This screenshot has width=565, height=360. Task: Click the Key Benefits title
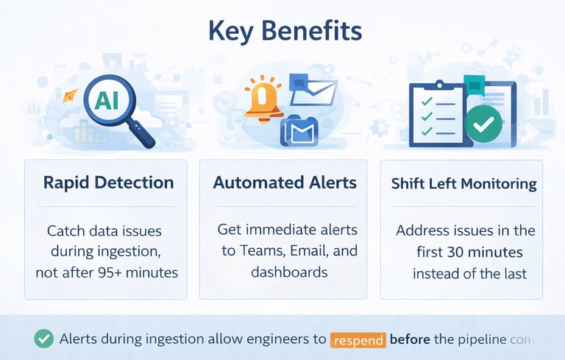click(285, 32)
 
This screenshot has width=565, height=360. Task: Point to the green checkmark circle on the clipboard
click(483, 124)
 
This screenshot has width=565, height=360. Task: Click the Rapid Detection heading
click(108, 183)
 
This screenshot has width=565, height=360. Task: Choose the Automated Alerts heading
click(285, 183)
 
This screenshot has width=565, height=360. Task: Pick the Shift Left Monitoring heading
click(463, 183)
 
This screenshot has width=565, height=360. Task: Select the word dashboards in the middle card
click(289, 272)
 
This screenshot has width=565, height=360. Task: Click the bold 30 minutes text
click(485, 253)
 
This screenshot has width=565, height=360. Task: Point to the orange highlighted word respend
click(358, 340)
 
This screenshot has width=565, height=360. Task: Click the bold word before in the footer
click(411, 339)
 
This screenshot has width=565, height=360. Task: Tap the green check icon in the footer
click(44, 339)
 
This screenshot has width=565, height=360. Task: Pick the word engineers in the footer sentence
click(280, 339)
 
